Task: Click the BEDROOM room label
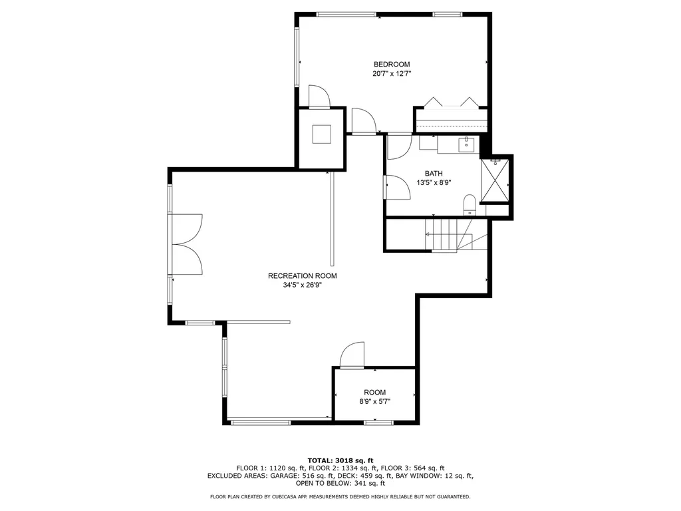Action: (x=392, y=65)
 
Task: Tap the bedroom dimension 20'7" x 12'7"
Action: (x=392, y=75)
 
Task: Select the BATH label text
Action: (x=434, y=173)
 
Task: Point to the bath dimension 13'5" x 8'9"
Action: (x=434, y=182)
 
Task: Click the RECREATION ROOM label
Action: (x=302, y=275)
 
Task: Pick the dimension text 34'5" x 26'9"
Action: (x=302, y=285)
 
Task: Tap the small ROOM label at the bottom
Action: (x=374, y=393)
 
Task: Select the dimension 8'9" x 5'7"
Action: (x=374, y=402)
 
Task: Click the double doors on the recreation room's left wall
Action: (x=187, y=244)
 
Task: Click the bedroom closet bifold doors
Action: (x=452, y=102)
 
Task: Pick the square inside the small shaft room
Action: (x=323, y=134)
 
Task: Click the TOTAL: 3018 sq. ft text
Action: (x=340, y=460)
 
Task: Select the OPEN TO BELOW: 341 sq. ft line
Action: (x=340, y=484)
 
